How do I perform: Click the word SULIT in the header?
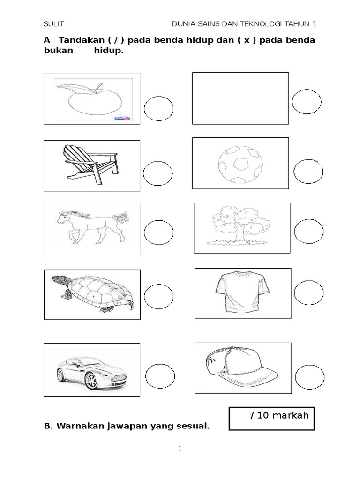(x=54, y=24)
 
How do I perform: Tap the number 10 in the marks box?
(x=262, y=415)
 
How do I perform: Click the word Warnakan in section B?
(x=80, y=426)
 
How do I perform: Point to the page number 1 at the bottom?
(x=180, y=449)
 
